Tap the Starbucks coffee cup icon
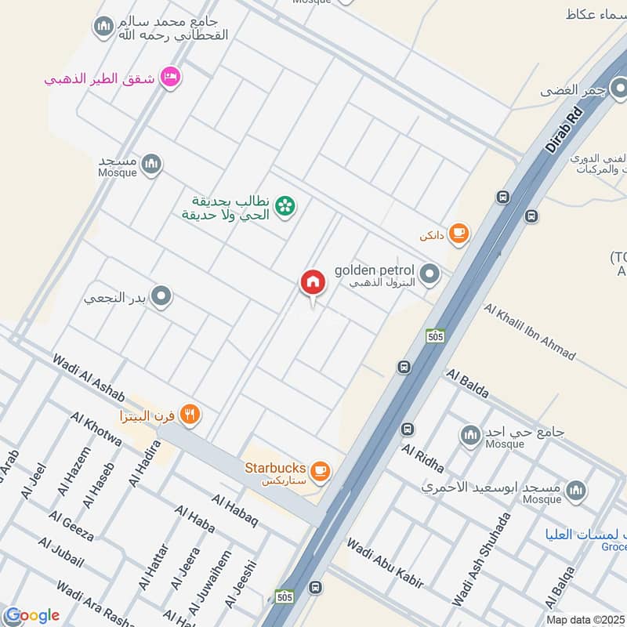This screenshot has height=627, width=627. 320,471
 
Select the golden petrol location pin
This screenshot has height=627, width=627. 429,274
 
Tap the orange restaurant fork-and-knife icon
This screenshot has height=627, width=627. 190,414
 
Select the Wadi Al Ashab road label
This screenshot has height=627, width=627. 89,373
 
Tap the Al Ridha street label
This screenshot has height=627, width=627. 422,458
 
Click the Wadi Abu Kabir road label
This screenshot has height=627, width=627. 385,563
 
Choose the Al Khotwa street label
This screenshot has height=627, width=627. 96,429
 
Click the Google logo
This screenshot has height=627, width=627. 31,615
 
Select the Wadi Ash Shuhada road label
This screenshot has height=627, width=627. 481,558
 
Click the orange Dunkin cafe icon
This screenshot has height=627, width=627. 459,233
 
